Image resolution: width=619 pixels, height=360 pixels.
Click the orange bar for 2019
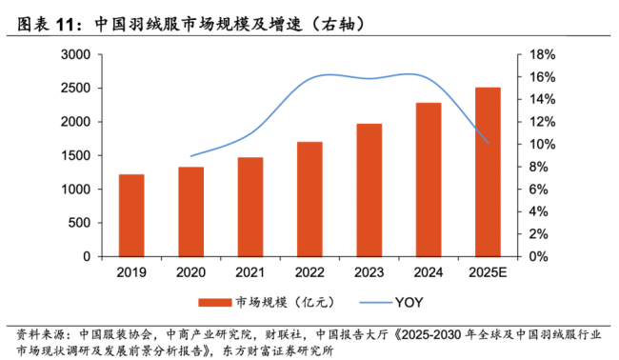coord(131,215)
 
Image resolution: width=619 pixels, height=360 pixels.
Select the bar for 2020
coord(190,211)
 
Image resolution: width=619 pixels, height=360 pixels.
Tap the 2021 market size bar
coord(250,207)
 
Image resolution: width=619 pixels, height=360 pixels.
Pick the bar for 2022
coord(309,199)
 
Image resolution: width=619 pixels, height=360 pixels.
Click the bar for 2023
coord(369,190)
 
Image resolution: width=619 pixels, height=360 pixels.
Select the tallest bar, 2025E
coord(488,171)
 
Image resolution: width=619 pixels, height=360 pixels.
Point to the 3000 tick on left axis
coord(76,55)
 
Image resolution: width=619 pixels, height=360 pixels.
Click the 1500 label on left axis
coord(76,156)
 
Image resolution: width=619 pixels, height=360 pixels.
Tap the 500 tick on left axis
coord(80,223)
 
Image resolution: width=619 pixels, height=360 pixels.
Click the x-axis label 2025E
coord(488,271)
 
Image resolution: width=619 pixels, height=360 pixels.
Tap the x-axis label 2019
coord(131,271)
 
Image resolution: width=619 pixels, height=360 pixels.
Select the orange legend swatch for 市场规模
coord(214,302)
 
